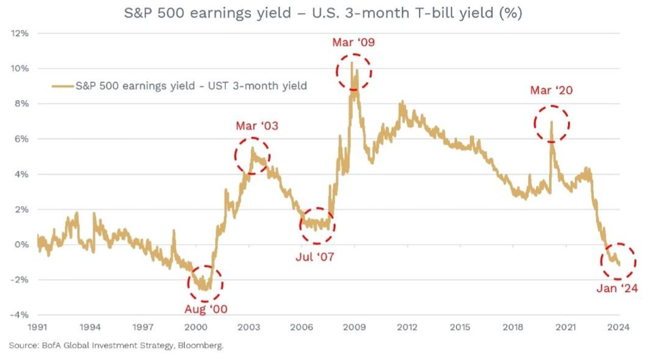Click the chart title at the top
325,13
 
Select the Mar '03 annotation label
257,126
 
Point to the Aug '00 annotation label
205,309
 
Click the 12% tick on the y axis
19,33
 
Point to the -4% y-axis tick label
18,315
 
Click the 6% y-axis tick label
20,139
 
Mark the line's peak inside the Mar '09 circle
352,63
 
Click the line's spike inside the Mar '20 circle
552,122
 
